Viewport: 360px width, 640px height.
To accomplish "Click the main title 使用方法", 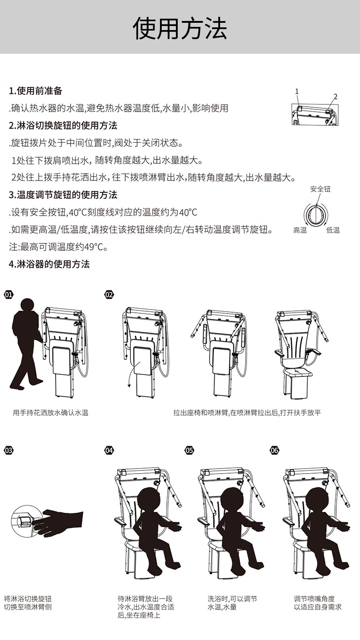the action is click(x=180, y=28).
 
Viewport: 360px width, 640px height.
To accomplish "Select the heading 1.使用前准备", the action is click(x=36, y=91).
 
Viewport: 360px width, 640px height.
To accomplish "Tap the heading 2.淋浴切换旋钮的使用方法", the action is click(x=63, y=125).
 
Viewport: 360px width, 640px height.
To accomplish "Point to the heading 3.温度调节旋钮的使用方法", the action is click(x=63, y=195).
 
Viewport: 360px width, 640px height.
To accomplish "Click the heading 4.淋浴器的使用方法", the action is click(x=49, y=264).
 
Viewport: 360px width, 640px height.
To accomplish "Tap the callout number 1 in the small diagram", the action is click(x=297, y=92).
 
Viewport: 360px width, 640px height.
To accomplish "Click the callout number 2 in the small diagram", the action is click(x=335, y=97).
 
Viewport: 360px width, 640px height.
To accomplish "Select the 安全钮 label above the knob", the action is click(x=320, y=189).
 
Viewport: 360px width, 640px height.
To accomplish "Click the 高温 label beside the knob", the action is click(x=300, y=230).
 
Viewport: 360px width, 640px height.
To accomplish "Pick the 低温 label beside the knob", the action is click(x=333, y=230).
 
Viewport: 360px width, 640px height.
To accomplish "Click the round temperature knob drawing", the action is click(x=316, y=215).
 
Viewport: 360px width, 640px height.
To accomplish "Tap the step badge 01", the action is click(x=9, y=294).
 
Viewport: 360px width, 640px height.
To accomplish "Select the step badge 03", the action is click(x=9, y=450).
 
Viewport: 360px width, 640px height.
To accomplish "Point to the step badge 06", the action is click(x=274, y=450).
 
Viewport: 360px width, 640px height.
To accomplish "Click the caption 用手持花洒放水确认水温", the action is click(x=51, y=413).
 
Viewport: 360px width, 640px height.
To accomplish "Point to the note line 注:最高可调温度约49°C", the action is click(x=59, y=247).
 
